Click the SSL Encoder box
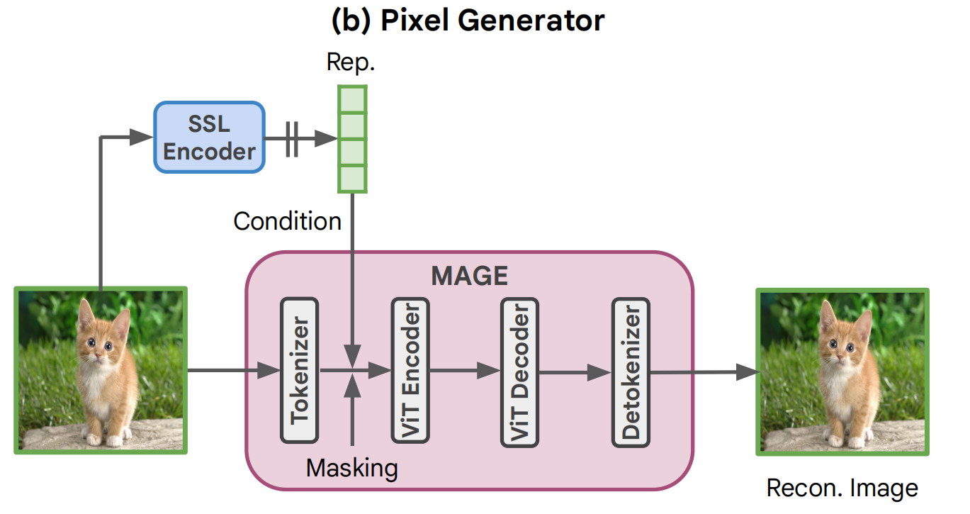[210, 138]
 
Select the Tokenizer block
[299, 370]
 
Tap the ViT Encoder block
[410, 370]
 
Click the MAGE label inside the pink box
[470, 276]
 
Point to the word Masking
[351, 468]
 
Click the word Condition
[288, 221]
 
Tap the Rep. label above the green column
[351, 62]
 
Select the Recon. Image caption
[842, 488]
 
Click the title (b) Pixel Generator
[468, 21]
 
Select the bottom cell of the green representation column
[352, 179]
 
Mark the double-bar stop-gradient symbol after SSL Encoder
[291, 138]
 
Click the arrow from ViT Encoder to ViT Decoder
[465, 370]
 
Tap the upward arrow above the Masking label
[351, 411]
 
